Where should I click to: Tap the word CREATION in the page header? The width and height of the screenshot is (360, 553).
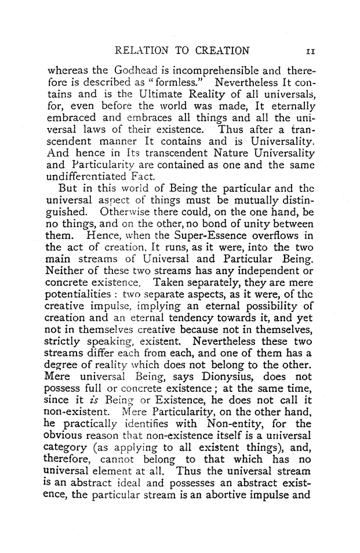coord(217,50)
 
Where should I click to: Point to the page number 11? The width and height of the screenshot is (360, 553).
coord(310,50)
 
